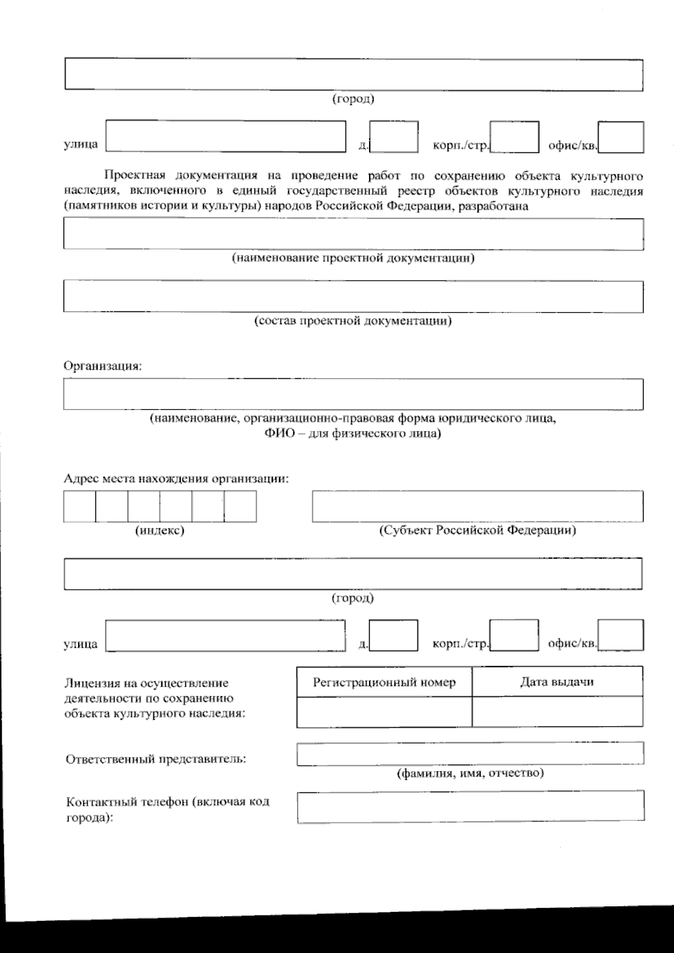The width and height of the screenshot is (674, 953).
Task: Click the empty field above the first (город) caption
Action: pos(354,74)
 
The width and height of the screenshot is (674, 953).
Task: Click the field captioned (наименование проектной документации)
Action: pos(354,234)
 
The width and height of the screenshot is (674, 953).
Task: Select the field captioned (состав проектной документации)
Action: pos(354,296)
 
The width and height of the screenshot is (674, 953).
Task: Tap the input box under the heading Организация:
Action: pos(354,394)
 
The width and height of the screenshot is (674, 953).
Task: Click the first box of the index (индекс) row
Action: pos(80,506)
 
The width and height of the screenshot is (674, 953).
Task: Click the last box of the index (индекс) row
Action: pos(240,506)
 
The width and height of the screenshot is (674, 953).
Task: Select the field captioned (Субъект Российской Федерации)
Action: pos(478,506)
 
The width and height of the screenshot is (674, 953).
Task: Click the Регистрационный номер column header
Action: pos(384,682)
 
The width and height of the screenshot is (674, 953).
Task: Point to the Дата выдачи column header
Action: pos(557,682)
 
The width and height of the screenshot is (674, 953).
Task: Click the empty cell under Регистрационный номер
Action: pos(384,712)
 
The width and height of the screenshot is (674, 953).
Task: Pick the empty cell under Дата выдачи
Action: pos(557,712)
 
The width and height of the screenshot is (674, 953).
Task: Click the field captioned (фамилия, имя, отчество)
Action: pos(471,754)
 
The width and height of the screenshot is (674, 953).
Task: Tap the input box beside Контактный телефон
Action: pos(471,807)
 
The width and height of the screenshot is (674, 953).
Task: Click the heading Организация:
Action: pos(103,366)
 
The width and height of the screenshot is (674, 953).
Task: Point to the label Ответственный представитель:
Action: pos(156,759)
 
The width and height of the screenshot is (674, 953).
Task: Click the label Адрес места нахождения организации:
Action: pos(176,479)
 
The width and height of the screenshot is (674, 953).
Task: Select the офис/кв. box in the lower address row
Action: pos(621,636)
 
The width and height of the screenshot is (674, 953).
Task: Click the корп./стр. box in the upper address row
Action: pos(514,137)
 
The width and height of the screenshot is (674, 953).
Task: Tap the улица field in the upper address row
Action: pos(226,137)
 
